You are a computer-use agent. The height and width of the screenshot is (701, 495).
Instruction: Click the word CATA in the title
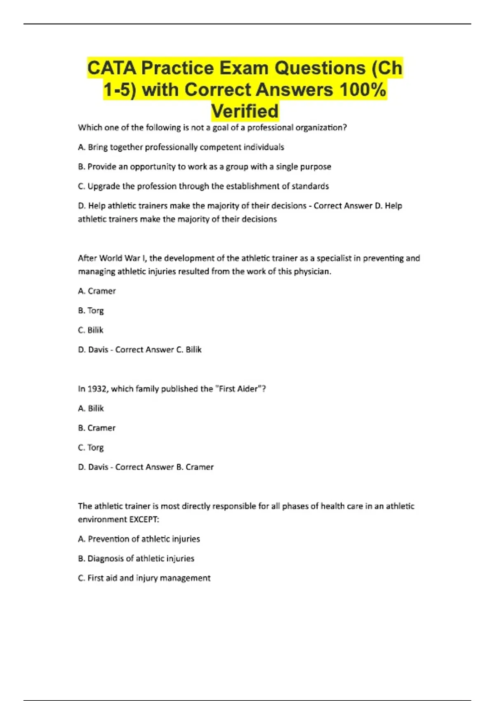(111, 68)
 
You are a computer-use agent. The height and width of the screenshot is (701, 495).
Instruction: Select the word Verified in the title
(245, 111)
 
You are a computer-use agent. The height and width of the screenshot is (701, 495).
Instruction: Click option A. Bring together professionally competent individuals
(181, 147)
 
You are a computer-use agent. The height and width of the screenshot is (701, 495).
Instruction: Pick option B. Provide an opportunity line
(204, 167)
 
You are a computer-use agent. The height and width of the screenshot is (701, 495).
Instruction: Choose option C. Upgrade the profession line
(203, 186)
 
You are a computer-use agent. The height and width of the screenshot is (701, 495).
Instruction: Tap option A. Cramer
(97, 291)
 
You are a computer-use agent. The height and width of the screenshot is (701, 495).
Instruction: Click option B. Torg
(91, 311)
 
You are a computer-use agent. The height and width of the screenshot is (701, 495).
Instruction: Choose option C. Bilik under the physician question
(90, 330)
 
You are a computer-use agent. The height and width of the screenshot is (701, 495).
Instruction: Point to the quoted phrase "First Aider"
(239, 389)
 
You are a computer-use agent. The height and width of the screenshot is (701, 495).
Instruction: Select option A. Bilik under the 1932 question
(91, 408)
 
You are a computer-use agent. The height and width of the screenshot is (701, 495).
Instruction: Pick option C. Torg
(91, 447)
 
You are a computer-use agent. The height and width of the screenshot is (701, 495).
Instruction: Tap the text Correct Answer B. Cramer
(164, 467)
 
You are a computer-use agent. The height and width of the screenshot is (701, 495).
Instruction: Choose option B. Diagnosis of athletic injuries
(136, 558)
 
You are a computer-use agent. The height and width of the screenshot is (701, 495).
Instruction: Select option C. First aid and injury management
(144, 578)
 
